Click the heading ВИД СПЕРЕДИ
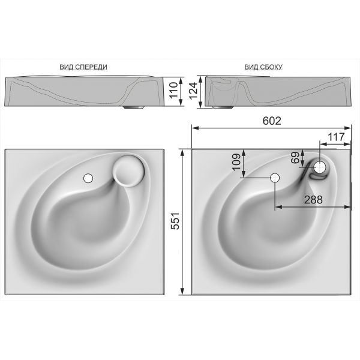click(83, 67)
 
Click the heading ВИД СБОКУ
click(263, 67)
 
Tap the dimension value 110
click(174, 90)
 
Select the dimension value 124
click(193, 91)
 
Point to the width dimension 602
click(272, 121)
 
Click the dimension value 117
click(336, 137)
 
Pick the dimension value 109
click(237, 162)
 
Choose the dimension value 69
click(295, 157)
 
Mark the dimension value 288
click(313, 200)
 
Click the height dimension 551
click(175, 221)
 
